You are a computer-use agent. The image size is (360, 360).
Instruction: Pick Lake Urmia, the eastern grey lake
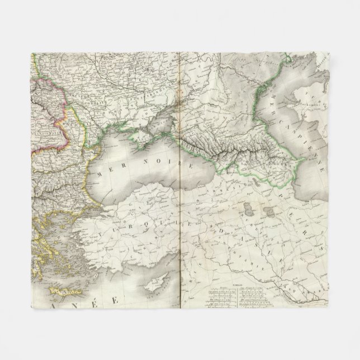(x=269, y=216)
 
